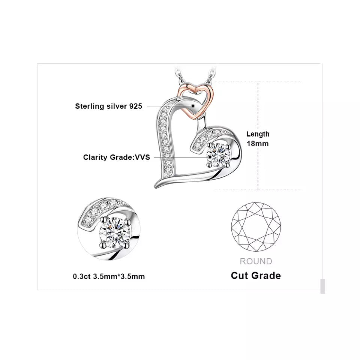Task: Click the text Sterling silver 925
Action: [108, 106]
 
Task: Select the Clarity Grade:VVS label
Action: [116, 157]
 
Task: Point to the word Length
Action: [258, 134]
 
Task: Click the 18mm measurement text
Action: [258, 143]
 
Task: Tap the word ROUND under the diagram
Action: [256, 261]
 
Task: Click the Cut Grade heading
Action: [256, 276]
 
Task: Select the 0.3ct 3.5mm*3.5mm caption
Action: [109, 277]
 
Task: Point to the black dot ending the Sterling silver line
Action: [193, 106]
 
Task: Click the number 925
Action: [135, 106]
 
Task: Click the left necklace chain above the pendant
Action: [178, 75]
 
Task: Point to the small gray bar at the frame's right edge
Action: [322, 286]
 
